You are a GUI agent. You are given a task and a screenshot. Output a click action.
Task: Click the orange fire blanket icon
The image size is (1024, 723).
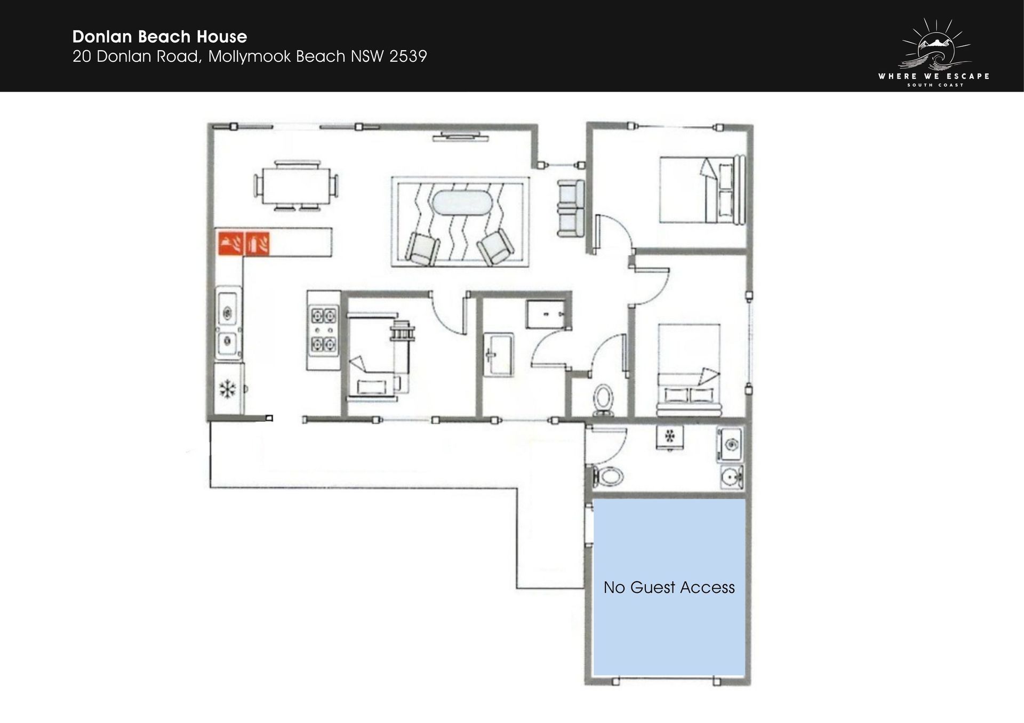point(231,244)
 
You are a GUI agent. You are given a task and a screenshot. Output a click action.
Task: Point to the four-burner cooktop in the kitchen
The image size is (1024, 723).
point(324,331)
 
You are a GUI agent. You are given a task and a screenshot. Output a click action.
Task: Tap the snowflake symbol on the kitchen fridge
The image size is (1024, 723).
point(228,389)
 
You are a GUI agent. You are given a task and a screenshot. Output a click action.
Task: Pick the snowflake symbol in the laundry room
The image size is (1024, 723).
point(670,436)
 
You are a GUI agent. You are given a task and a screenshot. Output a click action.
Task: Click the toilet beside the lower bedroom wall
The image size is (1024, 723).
point(603,399)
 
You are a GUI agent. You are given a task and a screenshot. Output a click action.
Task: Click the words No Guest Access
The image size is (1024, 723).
point(669,587)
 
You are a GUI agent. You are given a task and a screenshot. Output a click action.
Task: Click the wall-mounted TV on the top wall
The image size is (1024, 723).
point(460,136)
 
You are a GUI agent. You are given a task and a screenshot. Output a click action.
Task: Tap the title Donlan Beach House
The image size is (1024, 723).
point(160,37)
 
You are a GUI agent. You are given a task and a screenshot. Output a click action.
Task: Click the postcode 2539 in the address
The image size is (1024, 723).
point(408,57)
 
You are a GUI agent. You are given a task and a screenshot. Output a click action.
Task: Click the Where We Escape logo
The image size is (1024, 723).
point(934,53)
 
